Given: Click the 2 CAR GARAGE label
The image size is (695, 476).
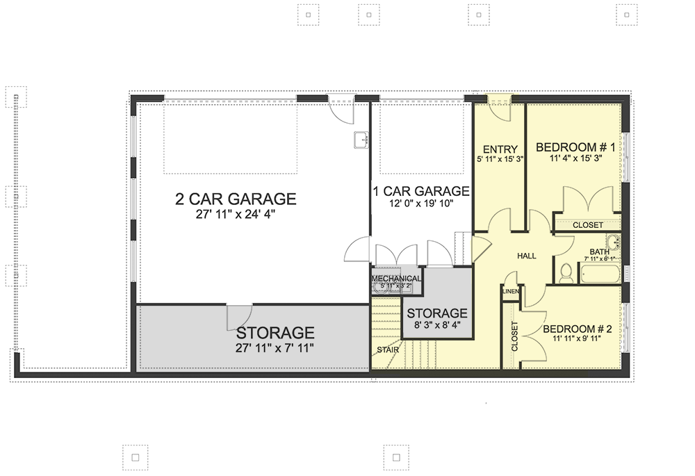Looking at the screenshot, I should click(235, 199).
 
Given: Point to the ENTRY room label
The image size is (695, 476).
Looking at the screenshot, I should click(500, 148).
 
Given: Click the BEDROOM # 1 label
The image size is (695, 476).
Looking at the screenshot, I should click(576, 147).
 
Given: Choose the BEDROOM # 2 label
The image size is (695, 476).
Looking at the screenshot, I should click(577, 329).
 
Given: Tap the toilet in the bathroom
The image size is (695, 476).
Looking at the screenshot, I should click(566, 273).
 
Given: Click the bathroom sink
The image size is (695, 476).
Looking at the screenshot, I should click(613, 243).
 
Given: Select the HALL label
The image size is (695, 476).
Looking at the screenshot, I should click(526, 256).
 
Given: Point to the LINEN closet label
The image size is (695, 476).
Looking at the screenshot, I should click(509, 291).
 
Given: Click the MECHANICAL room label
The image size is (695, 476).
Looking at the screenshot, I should click(396, 279).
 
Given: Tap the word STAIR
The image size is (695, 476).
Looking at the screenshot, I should click(388, 350).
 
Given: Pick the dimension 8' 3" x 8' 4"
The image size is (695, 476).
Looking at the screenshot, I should click(436, 325).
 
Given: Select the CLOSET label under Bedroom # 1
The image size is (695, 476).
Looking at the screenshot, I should click(588, 225).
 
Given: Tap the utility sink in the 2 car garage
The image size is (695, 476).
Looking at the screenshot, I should click(361, 140).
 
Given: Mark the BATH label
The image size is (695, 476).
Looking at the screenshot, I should click(599, 252).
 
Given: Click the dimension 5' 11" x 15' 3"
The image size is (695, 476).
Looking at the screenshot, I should click(500, 159).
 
